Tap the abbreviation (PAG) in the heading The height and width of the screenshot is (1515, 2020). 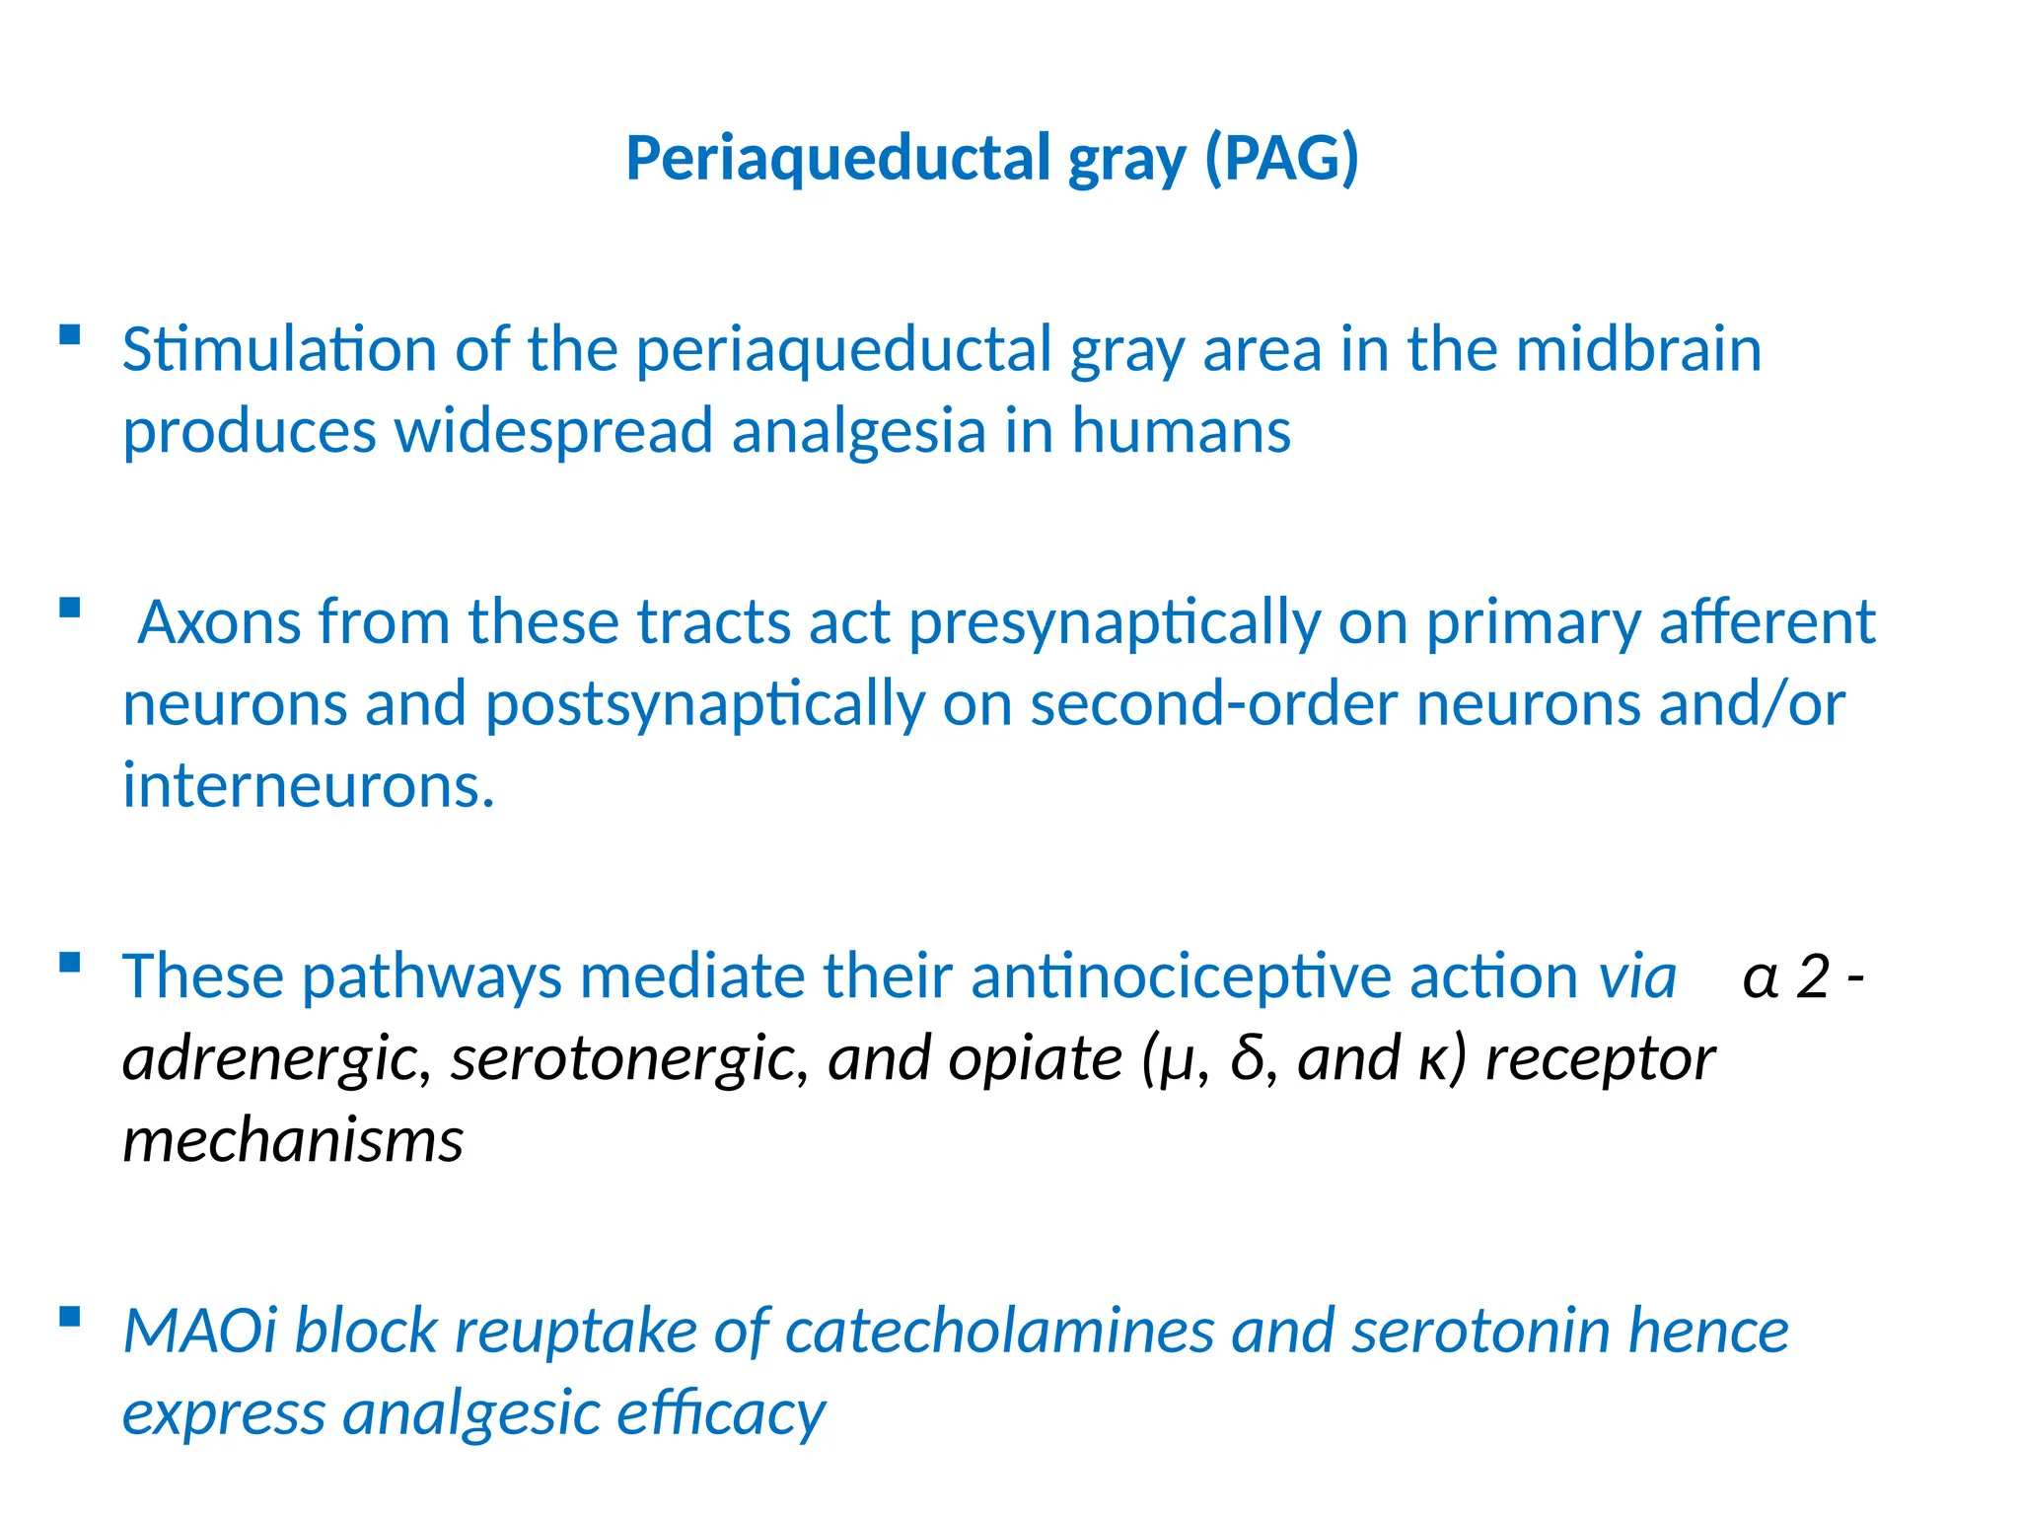point(1281,159)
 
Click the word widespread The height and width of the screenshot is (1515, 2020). point(553,431)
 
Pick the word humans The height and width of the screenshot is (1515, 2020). point(1181,431)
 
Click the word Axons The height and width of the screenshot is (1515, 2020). point(218,622)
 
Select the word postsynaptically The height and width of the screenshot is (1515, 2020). point(705,704)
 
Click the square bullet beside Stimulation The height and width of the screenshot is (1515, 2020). point(69,334)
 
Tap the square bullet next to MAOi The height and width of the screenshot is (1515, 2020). point(69,1316)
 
